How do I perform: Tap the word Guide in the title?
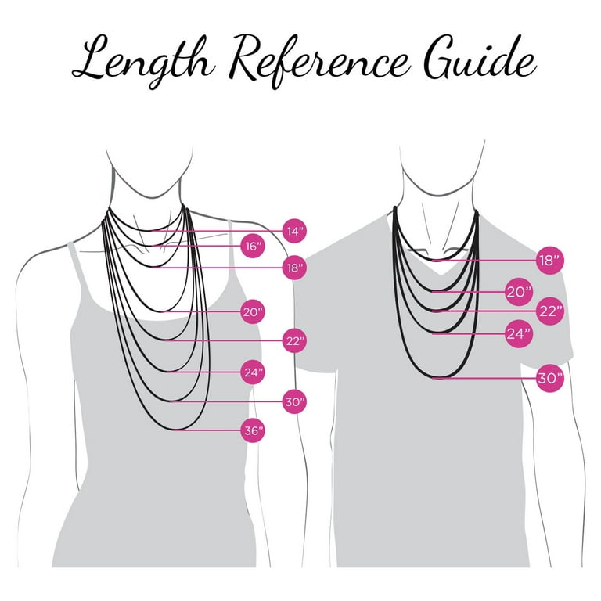tap(480, 56)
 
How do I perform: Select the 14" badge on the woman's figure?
tap(295, 231)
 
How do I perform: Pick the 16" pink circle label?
tap(253, 246)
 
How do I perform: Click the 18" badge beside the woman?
tap(295, 268)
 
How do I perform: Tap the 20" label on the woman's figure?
tap(253, 311)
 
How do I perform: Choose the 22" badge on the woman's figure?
tap(295, 340)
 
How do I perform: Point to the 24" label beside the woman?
tap(253, 372)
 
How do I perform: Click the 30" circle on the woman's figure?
tap(295, 401)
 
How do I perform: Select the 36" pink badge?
tap(253, 430)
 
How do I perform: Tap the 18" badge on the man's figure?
tap(550, 261)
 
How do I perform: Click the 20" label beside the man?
tap(519, 292)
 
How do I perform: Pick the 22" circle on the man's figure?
tap(550, 311)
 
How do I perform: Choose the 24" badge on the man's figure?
tap(519, 334)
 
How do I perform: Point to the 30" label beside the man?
tap(550, 378)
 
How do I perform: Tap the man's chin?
tap(440, 193)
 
